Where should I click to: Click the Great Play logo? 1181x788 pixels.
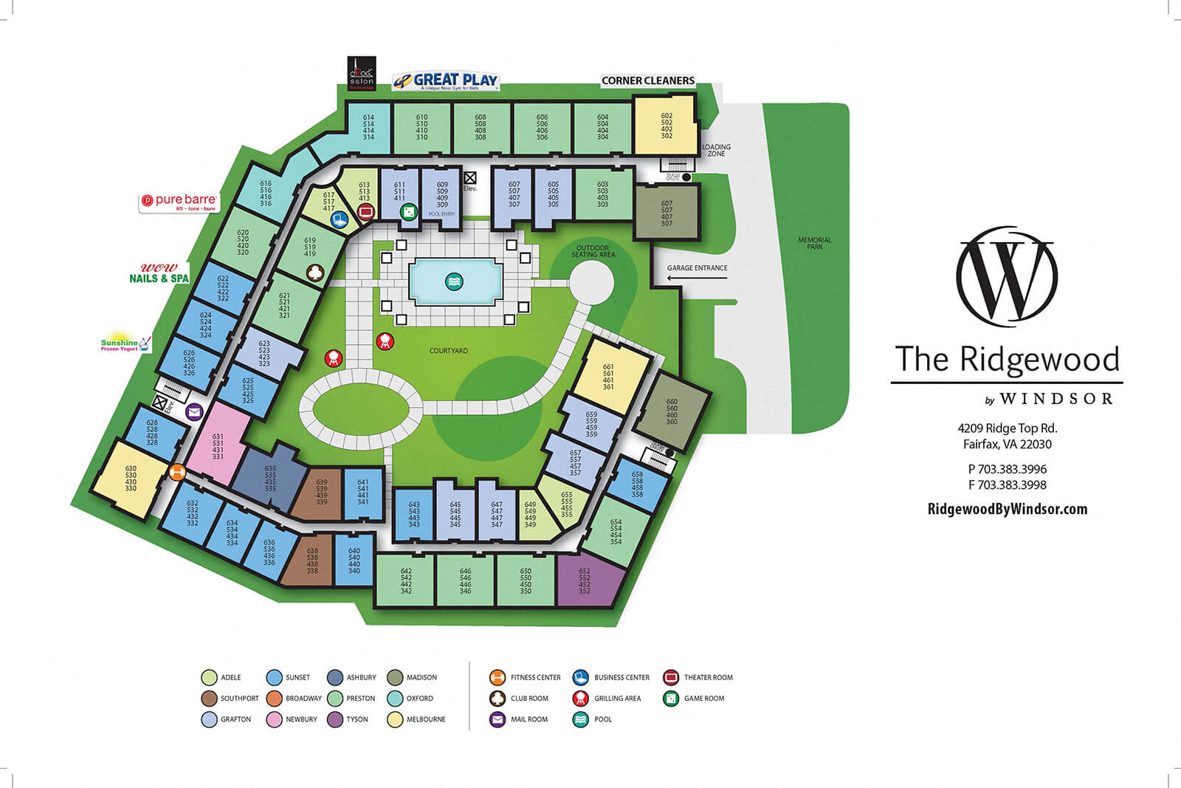pos(446,80)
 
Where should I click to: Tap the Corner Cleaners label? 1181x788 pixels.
pos(647,80)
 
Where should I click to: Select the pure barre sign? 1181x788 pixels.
pos(179,202)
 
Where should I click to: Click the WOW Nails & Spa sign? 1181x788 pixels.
pos(159,274)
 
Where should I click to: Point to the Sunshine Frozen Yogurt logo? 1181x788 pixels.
pos(125,343)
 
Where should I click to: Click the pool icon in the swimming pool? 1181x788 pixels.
pos(455,281)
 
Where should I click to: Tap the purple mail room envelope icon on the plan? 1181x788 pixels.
pos(194,412)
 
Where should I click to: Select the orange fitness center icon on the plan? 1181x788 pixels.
pos(177,473)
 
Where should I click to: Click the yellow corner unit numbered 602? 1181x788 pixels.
pos(666,126)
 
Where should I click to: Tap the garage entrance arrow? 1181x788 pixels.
pos(697,278)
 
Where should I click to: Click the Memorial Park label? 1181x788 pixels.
pos(814,243)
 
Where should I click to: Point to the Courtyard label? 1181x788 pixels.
pos(449,351)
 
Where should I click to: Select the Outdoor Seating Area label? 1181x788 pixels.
pos(593,251)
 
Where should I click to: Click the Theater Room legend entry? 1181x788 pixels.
pos(707,677)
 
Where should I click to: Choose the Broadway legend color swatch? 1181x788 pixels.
pos(275,698)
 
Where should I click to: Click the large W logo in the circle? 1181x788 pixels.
pos(1007,277)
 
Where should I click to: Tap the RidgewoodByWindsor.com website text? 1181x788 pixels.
pos(1007,509)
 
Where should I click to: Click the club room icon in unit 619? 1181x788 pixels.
pos(314,273)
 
